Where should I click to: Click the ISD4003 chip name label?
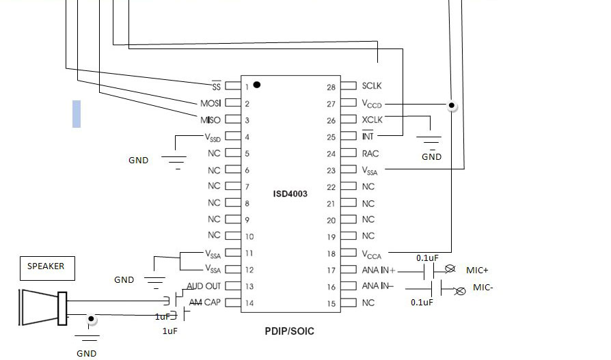coord(290,194)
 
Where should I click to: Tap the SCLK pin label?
coord(372,86)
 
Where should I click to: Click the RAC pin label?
coord(370,154)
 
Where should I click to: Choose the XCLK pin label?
coord(372,120)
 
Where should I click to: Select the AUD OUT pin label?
coord(204,286)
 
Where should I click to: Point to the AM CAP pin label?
coord(205,303)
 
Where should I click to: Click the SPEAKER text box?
coord(46,266)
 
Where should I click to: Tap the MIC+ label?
coord(477,271)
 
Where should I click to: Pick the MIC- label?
coord(483,288)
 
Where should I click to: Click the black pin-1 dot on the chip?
coord(257,85)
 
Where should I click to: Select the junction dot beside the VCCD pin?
coord(451,106)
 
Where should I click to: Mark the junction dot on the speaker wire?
coord(90,318)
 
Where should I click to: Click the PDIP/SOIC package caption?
coord(290,331)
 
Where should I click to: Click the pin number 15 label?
coord(332,303)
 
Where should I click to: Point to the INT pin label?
coord(368,137)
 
